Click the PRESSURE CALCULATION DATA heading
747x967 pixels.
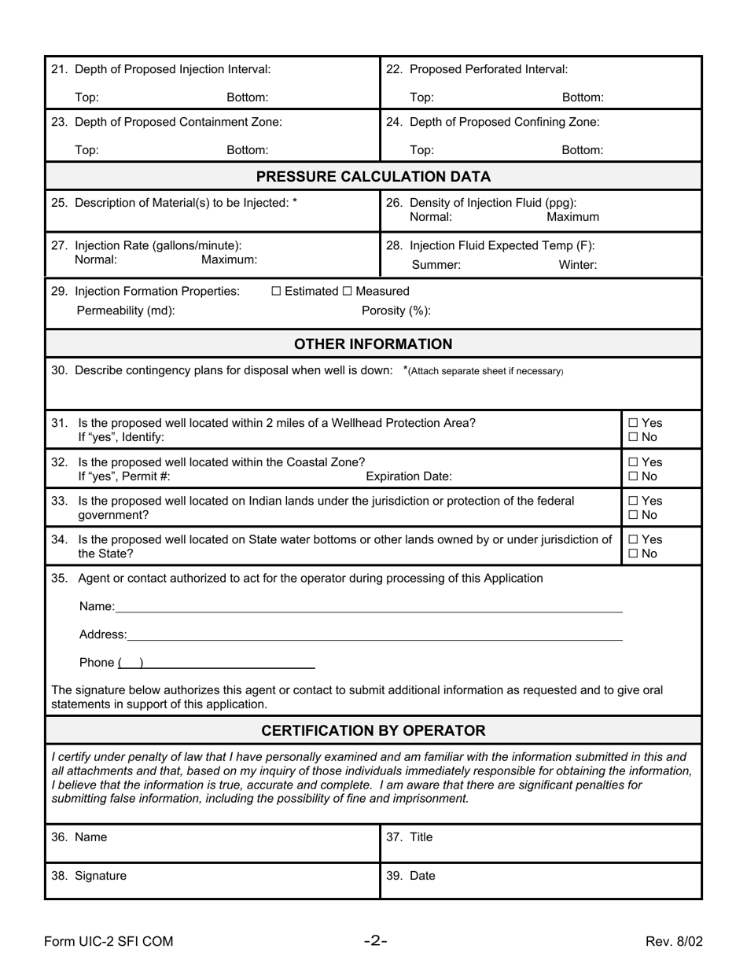click(x=373, y=176)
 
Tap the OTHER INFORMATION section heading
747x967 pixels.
click(x=373, y=344)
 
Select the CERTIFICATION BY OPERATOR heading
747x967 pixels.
click(x=373, y=730)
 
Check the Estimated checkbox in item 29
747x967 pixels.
click(x=276, y=292)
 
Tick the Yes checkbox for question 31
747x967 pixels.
click(x=633, y=423)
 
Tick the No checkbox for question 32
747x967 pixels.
click(x=633, y=476)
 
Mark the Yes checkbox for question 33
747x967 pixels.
click(x=633, y=501)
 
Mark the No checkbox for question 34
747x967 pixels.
click(x=633, y=553)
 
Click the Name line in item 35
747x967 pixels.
click(x=370, y=607)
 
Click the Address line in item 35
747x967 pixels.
click(x=374, y=634)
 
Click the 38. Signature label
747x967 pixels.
click(x=89, y=876)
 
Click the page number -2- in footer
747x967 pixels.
click(x=375, y=940)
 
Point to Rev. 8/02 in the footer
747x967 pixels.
click(x=674, y=941)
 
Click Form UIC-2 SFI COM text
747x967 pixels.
click(x=109, y=941)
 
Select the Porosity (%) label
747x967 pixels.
click(x=396, y=311)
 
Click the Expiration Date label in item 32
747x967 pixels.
click(x=409, y=476)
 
